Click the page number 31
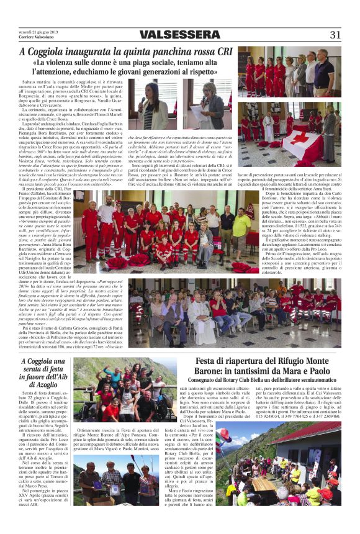[x=335, y=34]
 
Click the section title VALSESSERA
[x=179, y=35]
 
